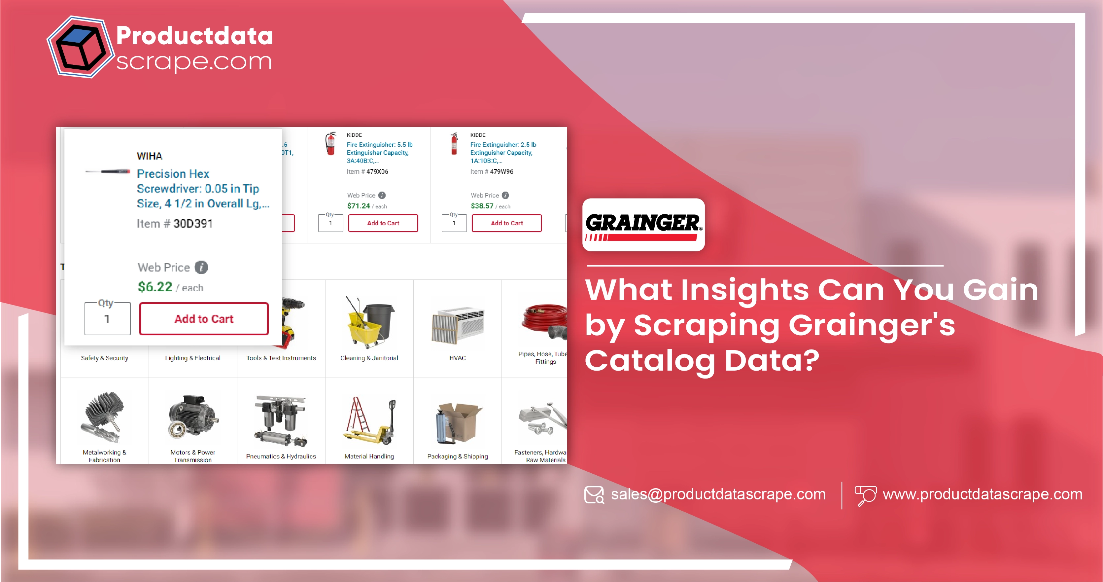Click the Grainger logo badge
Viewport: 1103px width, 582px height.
tap(643, 225)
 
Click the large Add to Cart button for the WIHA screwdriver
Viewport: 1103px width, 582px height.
tap(204, 319)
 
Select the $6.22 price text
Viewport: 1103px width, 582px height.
tap(155, 287)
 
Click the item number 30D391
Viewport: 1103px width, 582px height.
tap(193, 224)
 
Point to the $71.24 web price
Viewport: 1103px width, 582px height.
tap(359, 206)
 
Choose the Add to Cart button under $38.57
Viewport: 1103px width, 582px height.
tap(506, 223)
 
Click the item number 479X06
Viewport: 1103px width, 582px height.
tap(377, 172)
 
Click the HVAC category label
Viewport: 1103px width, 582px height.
tap(457, 358)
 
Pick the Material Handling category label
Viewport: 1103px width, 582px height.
tap(369, 456)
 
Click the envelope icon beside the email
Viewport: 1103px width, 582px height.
tap(594, 495)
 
